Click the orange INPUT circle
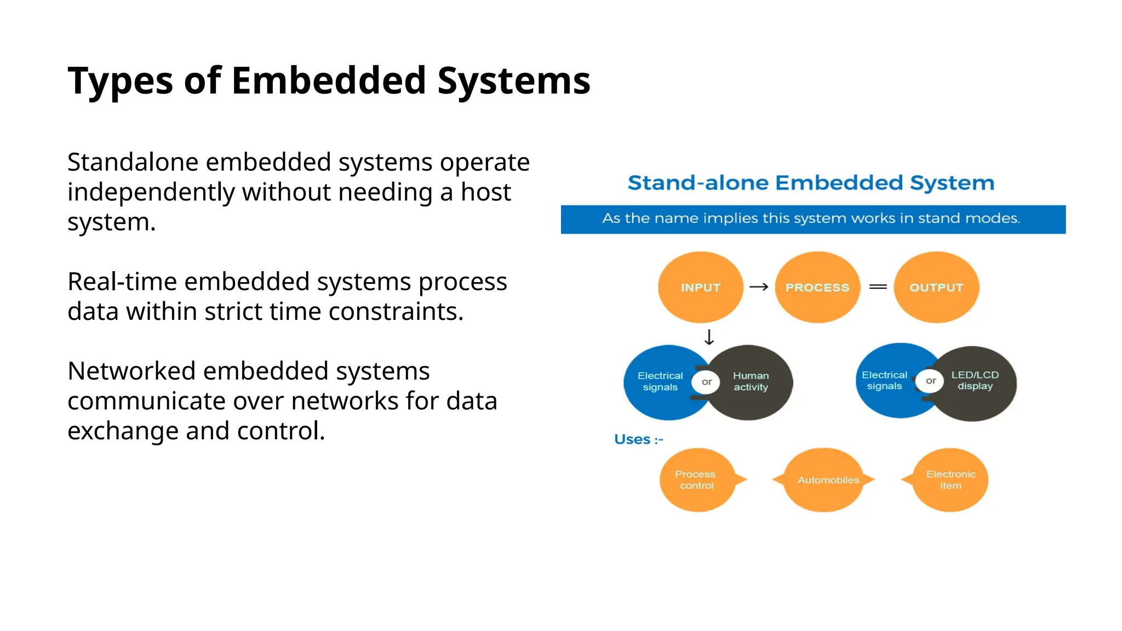(x=700, y=287)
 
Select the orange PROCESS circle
(x=817, y=287)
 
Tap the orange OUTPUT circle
(x=936, y=287)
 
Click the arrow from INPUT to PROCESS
(x=759, y=287)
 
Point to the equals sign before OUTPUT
(x=878, y=287)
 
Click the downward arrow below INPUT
(x=709, y=337)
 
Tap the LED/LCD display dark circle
(x=978, y=382)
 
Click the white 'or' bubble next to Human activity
(x=706, y=382)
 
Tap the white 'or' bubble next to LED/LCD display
(x=930, y=381)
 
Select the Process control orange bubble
(x=696, y=480)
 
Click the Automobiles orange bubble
(x=828, y=480)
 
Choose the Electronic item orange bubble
(x=951, y=480)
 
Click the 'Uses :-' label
(x=638, y=439)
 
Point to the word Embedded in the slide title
(x=329, y=81)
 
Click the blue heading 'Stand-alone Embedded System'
(x=810, y=182)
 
